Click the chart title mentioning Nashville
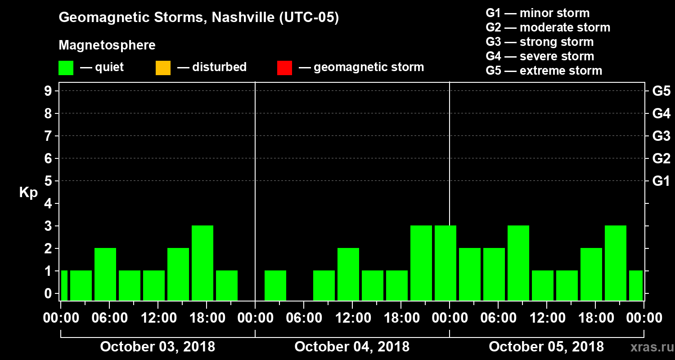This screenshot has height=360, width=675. pyautogui.click(x=198, y=18)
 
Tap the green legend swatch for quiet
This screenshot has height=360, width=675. pyautogui.click(x=66, y=68)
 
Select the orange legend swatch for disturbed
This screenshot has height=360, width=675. pyautogui.click(x=163, y=68)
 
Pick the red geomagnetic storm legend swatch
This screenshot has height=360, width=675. pyautogui.click(x=284, y=68)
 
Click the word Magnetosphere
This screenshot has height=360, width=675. pyautogui.click(x=107, y=45)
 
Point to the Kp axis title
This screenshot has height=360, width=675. pyautogui.click(x=28, y=193)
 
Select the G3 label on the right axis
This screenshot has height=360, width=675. pyautogui.click(x=661, y=136)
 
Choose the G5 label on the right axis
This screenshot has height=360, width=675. pyautogui.click(x=661, y=91)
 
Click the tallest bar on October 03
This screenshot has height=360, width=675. pyautogui.click(x=202, y=263)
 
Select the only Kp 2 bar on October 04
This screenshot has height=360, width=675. pyautogui.click(x=348, y=274)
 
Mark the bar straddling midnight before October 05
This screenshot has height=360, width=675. pyautogui.click(x=445, y=263)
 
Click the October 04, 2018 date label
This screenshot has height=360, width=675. pyautogui.click(x=352, y=346)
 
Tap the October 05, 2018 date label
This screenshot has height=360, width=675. pyautogui.click(x=546, y=346)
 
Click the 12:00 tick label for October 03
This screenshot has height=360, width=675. pyautogui.click(x=157, y=318)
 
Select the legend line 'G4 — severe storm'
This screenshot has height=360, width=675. pyautogui.click(x=540, y=56)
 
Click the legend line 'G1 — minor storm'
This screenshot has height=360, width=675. pyautogui.click(x=537, y=13)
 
